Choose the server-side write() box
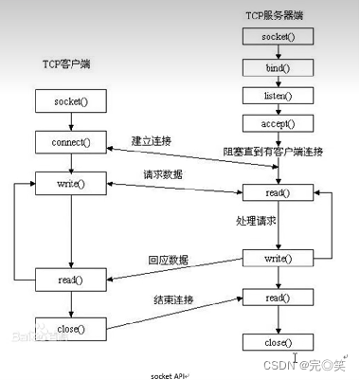(x=278, y=258)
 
